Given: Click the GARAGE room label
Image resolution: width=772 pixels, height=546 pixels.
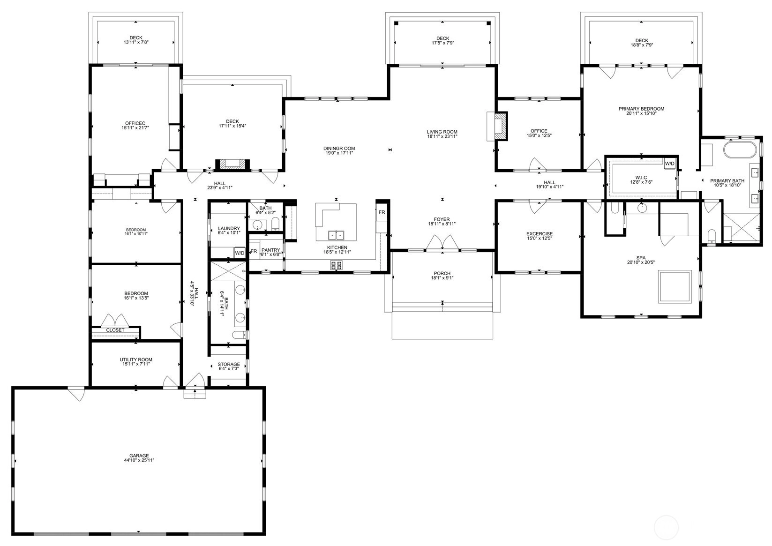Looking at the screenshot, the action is click(x=139, y=456).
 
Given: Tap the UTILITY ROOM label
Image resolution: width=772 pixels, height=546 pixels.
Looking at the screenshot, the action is click(x=136, y=359).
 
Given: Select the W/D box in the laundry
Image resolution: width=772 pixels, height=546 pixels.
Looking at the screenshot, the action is click(x=240, y=253).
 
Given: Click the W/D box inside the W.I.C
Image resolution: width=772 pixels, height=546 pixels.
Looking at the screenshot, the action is click(x=670, y=164).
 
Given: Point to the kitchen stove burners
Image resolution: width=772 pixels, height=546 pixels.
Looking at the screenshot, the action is click(x=337, y=265).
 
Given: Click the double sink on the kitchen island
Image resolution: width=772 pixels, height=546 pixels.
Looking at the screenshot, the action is click(x=336, y=235).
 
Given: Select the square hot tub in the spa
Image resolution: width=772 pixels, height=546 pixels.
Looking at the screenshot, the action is click(x=675, y=286).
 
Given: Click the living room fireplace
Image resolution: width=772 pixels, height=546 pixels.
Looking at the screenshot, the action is click(x=501, y=126).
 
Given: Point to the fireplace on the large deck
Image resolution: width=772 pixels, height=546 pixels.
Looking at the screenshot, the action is click(x=232, y=164).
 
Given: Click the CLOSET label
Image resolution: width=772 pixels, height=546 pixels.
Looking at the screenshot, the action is click(x=115, y=330).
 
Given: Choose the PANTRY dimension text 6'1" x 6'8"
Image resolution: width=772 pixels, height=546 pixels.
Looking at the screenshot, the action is click(x=270, y=254).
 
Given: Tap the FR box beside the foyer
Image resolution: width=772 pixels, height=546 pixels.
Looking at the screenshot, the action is click(x=382, y=212).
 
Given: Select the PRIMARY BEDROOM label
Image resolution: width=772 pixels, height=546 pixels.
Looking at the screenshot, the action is click(x=641, y=109).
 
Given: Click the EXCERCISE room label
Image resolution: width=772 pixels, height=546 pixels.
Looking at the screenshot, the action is click(x=540, y=234).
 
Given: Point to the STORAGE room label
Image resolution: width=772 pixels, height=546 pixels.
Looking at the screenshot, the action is click(x=229, y=364).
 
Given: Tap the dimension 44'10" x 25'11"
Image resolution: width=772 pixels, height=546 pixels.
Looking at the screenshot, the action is click(x=139, y=460).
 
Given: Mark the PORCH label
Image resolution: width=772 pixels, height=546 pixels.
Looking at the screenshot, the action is click(x=442, y=273).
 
